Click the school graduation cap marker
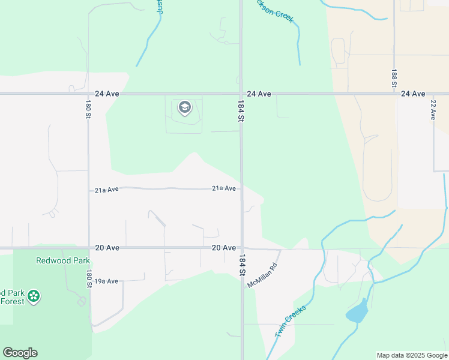pyautogui.click(x=185, y=109)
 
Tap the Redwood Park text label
pyautogui.click(x=63, y=260)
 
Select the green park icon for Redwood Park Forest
pyautogui.click(x=34, y=296)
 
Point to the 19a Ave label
pyautogui.click(x=106, y=281)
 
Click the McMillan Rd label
pyautogui.click(x=264, y=275)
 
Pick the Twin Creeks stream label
pyautogui.click(x=290, y=322)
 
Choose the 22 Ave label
pyautogui.click(x=433, y=110)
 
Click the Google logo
pyautogui.click(x=20, y=353)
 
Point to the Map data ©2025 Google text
pyautogui.click(x=412, y=355)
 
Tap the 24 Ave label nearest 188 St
pyautogui.click(x=413, y=94)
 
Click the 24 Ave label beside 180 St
pyautogui.click(x=107, y=94)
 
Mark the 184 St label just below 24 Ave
pyautogui.click(x=241, y=112)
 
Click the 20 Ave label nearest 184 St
pyautogui.click(x=223, y=248)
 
